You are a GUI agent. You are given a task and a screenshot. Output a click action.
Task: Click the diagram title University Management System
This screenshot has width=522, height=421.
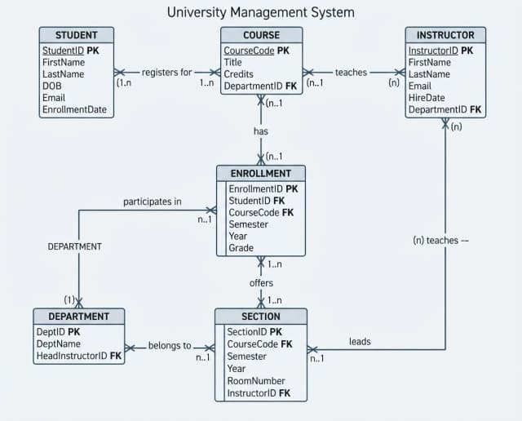click(261, 13)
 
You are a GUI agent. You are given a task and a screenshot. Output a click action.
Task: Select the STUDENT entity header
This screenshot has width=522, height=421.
click(76, 35)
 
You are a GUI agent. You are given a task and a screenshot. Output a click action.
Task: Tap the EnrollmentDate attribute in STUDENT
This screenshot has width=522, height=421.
click(74, 109)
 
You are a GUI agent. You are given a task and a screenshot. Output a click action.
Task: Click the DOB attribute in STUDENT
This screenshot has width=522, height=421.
click(52, 86)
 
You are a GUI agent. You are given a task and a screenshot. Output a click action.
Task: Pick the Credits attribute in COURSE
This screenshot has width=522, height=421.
click(238, 74)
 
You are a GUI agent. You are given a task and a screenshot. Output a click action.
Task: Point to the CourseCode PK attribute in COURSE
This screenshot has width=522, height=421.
click(256, 51)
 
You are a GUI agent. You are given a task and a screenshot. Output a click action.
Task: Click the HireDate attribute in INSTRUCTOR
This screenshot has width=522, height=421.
click(427, 98)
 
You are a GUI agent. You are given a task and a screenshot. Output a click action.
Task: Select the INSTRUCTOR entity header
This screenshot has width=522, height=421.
click(445, 35)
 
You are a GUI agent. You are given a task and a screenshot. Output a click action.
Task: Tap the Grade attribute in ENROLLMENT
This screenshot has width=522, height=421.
click(241, 248)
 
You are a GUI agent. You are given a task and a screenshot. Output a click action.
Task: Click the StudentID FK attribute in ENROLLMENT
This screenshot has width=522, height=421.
click(257, 201)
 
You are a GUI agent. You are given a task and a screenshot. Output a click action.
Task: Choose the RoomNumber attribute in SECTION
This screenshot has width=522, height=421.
click(256, 381)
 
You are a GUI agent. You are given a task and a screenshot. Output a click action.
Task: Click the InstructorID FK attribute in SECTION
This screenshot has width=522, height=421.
click(259, 393)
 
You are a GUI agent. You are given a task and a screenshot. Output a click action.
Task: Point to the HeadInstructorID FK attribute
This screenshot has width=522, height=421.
click(79, 356)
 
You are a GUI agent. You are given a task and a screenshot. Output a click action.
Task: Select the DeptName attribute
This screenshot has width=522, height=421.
click(58, 343)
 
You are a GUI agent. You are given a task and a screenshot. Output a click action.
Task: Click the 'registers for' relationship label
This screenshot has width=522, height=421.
click(166, 73)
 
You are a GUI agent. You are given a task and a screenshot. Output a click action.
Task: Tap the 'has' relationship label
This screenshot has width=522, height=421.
click(261, 131)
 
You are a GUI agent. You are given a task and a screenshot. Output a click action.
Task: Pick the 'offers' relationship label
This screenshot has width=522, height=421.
click(261, 283)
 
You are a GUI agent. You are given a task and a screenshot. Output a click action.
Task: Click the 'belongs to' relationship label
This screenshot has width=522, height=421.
click(170, 346)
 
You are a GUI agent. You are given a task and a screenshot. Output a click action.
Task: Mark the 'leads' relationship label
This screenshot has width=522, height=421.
click(360, 341)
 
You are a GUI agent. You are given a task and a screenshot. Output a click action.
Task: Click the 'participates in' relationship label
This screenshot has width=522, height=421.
click(153, 202)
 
